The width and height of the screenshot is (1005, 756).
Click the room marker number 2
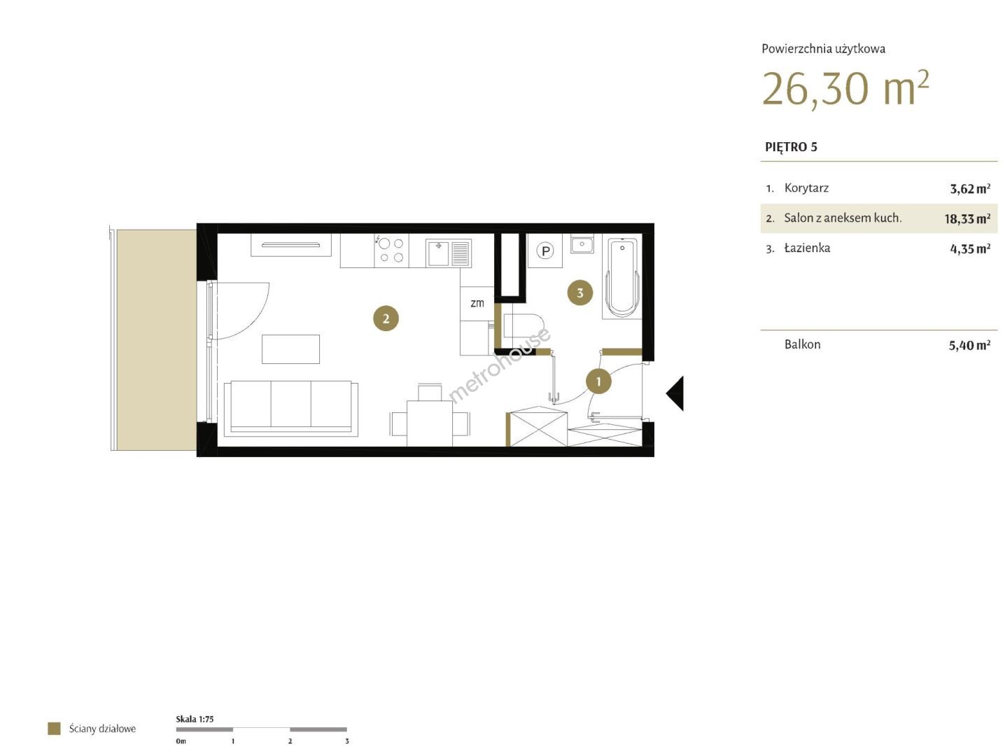386,318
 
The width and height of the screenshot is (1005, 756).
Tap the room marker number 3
579,293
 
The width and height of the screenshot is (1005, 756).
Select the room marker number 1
598,381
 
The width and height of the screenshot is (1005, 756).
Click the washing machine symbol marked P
545,251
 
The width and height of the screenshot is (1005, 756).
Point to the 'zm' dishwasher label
477,302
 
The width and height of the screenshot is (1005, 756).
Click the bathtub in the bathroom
621,276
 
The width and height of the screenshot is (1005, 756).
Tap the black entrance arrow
675,393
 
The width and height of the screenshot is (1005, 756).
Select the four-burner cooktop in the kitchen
391,250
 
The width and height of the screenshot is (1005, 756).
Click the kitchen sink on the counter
448,253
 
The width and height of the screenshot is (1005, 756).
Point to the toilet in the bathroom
522,325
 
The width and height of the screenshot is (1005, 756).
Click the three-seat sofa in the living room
290,408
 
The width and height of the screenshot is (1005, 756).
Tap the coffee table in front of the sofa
290,349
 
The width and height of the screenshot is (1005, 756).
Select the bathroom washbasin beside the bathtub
582,244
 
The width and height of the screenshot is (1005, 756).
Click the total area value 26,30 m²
845,89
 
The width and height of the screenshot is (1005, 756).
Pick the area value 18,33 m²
967,218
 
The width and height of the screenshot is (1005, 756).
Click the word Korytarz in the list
806,188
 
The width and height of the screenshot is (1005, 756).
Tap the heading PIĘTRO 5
791,147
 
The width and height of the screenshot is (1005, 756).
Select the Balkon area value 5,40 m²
969,345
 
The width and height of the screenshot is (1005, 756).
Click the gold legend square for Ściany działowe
54,729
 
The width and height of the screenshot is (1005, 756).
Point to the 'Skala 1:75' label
195,719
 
